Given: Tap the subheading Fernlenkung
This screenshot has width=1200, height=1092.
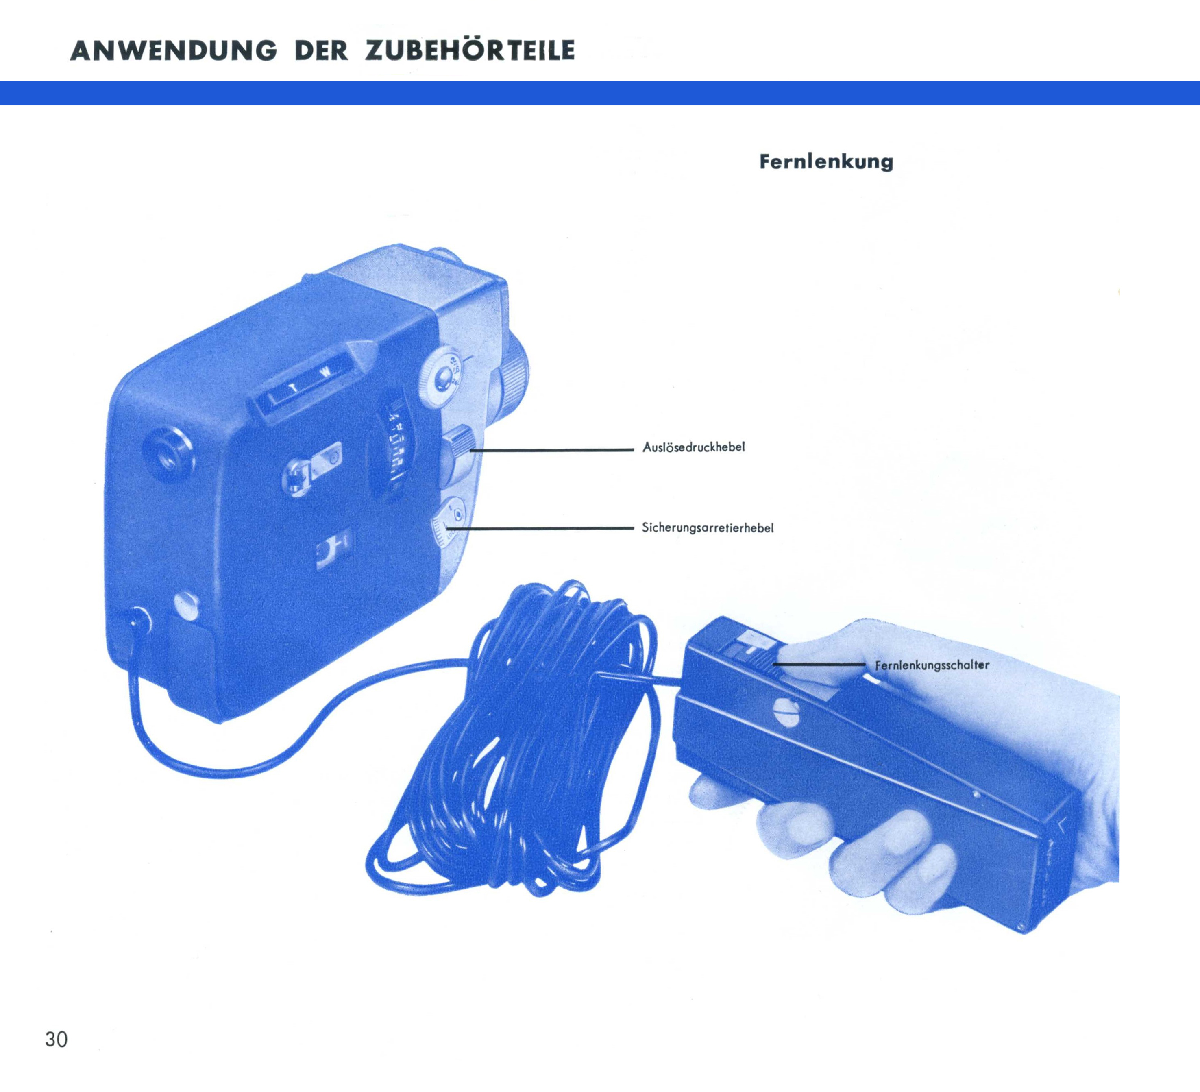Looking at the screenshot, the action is pos(826,162).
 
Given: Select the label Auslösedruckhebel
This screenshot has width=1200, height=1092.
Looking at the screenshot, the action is pos(693,447).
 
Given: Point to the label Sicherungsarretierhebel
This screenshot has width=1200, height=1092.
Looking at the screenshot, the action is pos(708,528).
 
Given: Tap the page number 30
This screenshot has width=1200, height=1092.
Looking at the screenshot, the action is pos(57,1039).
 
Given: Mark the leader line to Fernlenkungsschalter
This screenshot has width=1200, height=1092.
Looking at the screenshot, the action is pos(819,664).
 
